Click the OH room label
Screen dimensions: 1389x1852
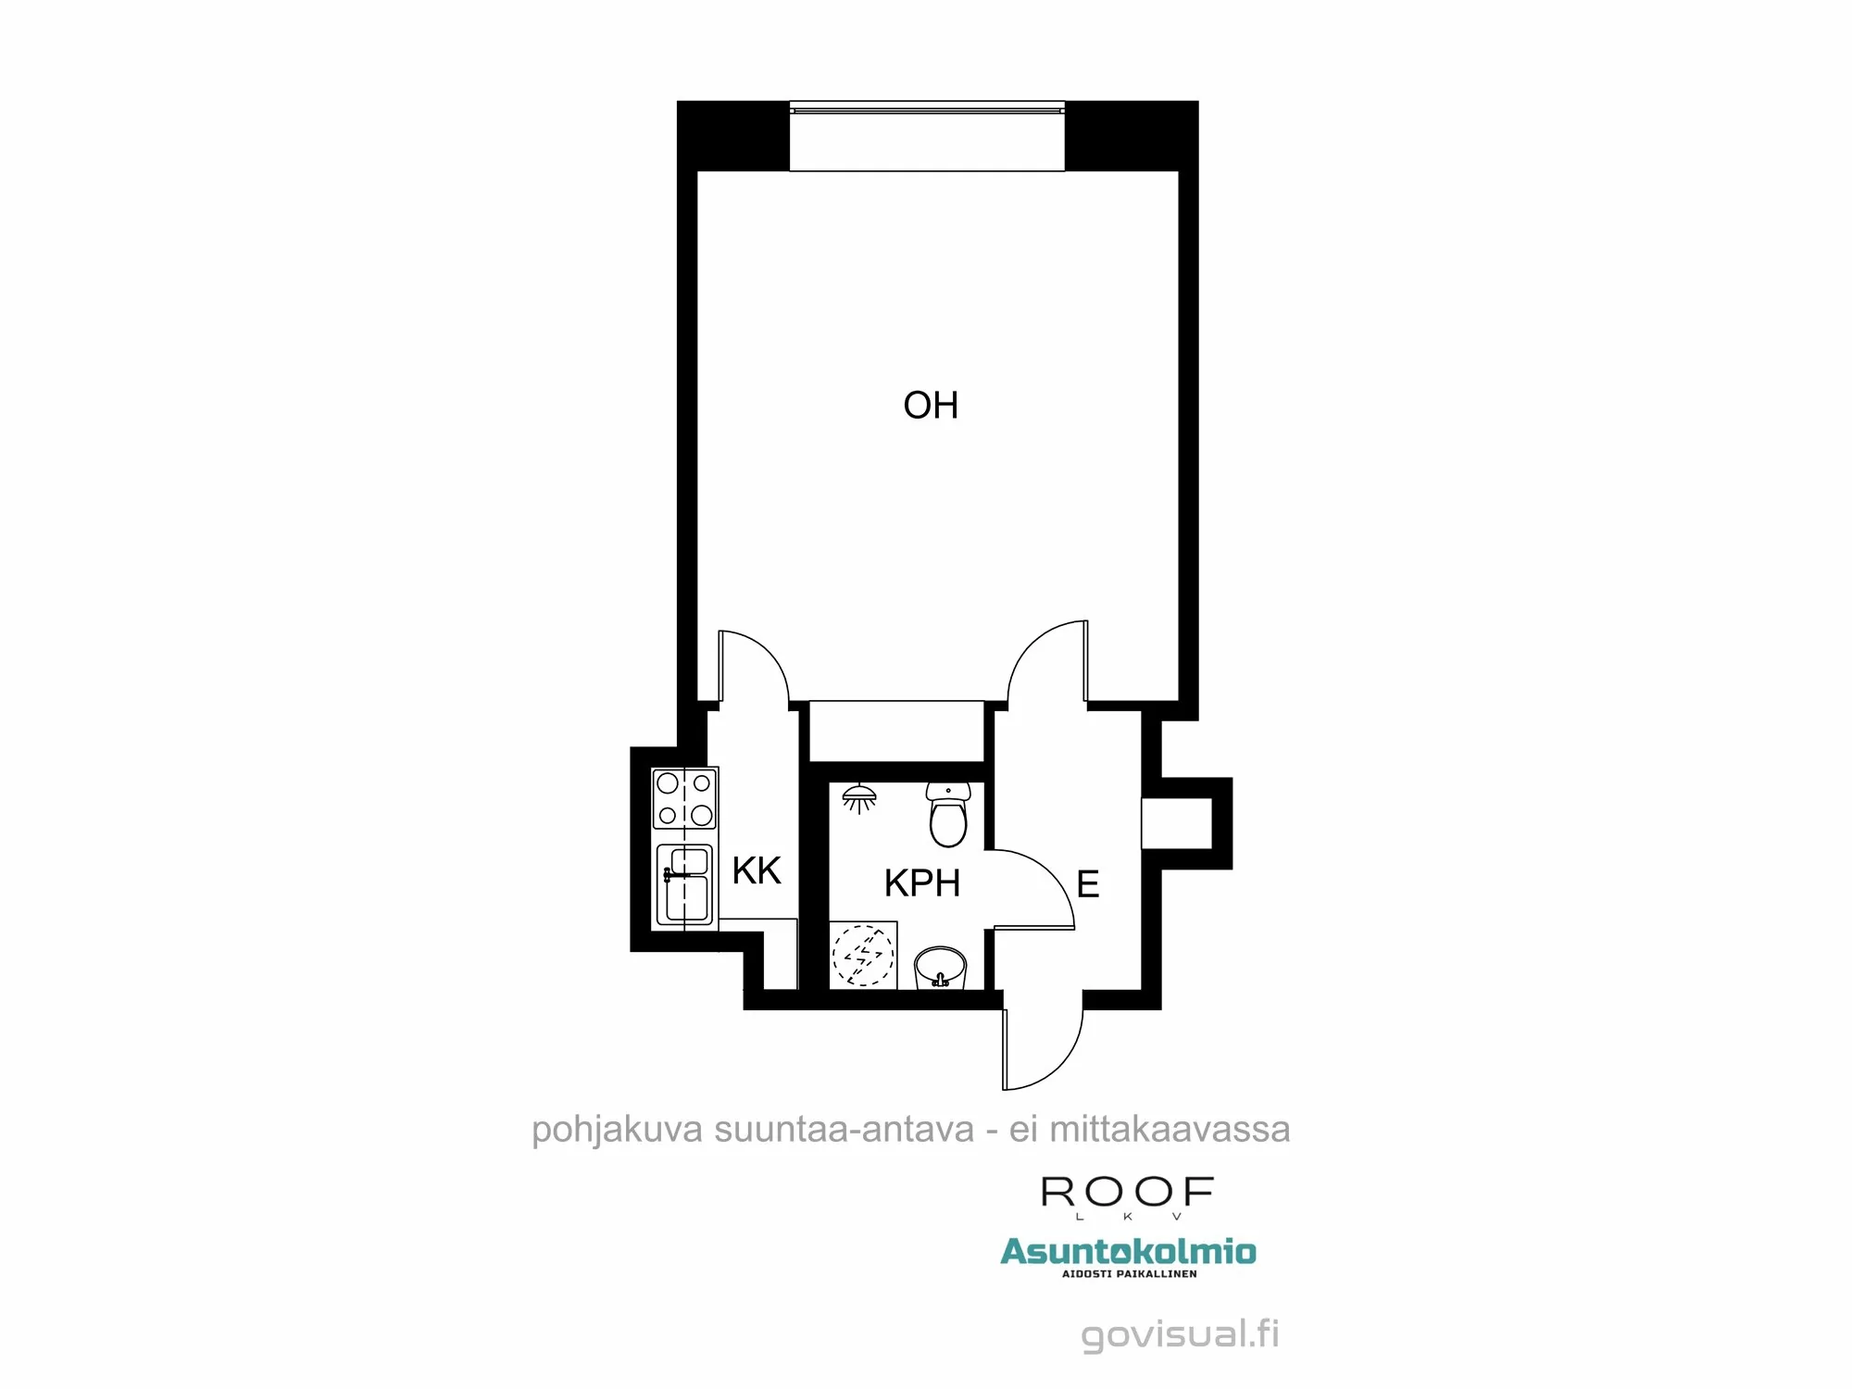[x=931, y=406]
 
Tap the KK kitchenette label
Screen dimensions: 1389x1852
[x=757, y=870]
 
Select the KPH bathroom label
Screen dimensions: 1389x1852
[x=921, y=883]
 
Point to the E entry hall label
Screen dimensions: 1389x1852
[x=1088, y=884]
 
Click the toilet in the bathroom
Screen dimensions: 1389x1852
[x=948, y=816]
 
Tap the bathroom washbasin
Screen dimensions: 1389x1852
[x=940, y=969]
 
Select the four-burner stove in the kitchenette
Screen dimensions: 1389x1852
[x=684, y=798]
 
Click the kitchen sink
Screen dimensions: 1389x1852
[x=685, y=884]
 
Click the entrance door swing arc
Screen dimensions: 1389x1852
[x=1051, y=1051]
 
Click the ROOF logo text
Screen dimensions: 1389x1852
[x=1127, y=1192]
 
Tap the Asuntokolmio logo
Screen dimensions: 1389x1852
[x=1128, y=1253]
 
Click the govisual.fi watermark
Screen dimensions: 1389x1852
[x=1181, y=1334]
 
